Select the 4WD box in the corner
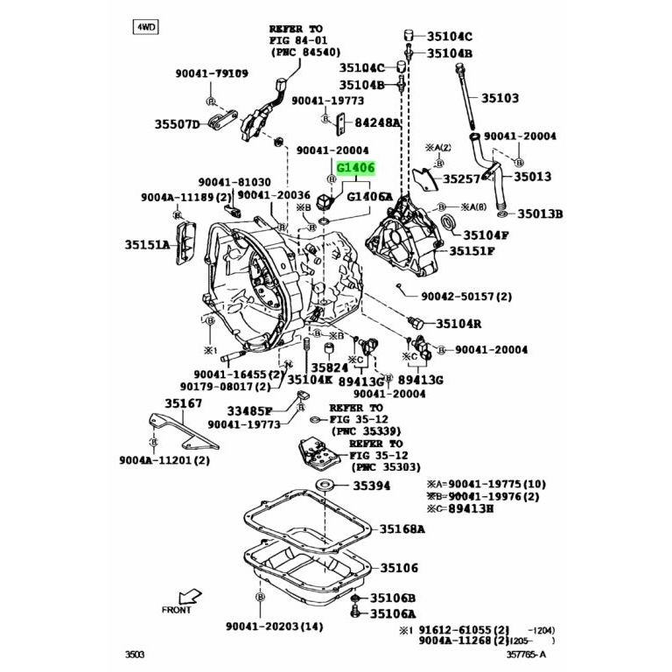144,26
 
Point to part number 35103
497,98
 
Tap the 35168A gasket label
402,528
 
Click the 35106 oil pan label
395,568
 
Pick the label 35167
185,403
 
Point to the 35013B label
540,213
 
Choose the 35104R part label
459,323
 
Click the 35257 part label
463,178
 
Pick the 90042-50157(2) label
465,297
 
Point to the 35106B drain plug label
393,598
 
